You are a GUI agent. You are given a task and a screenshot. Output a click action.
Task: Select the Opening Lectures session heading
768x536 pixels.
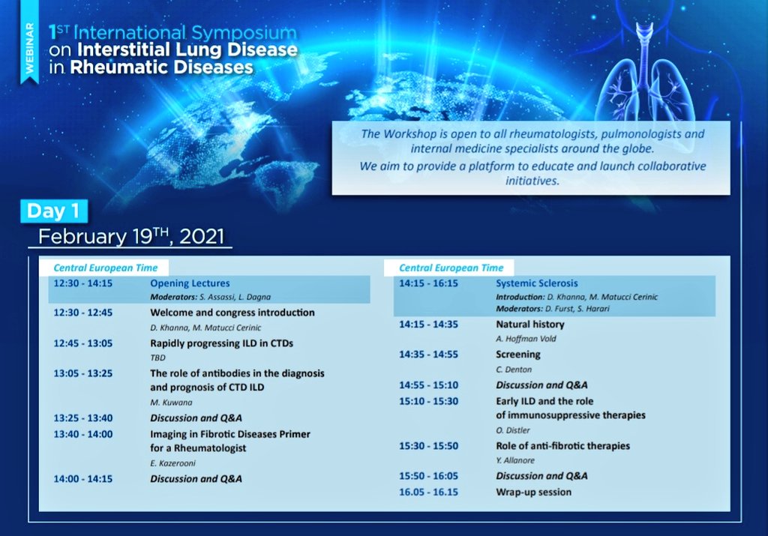pyautogui.click(x=190, y=283)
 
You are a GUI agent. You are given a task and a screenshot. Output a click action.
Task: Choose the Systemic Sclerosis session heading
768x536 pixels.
pyautogui.click(x=537, y=284)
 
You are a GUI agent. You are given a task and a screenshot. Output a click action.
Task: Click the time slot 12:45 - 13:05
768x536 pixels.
pyautogui.click(x=82, y=343)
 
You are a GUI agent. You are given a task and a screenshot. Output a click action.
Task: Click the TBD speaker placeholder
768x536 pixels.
pyautogui.click(x=158, y=358)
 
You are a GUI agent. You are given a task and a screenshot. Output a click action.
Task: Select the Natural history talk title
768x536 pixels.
pyautogui.click(x=529, y=325)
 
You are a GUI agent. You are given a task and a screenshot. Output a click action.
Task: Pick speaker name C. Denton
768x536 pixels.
pyautogui.click(x=514, y=369)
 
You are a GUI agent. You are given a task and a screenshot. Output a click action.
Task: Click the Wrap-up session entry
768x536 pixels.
pyautogui.click(x=533, y=493)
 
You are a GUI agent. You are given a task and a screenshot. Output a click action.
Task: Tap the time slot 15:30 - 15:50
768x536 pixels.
pyautogui.click(x=428, y=446)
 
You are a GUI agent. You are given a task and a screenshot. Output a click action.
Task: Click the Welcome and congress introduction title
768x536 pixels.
pyautogui.click(x=232, y=313)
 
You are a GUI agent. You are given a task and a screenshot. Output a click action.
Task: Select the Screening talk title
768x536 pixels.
pyautogui.click(x=517, y=355)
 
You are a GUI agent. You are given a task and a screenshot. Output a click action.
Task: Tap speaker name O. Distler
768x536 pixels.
pyautogui.click(x=514, y=430)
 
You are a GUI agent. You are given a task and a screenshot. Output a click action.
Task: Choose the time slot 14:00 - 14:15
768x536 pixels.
pyautogui.click(x=82, y=478)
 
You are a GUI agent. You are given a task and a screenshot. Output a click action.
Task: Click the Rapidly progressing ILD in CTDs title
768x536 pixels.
pyautogui.click(x=221, y=343)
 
